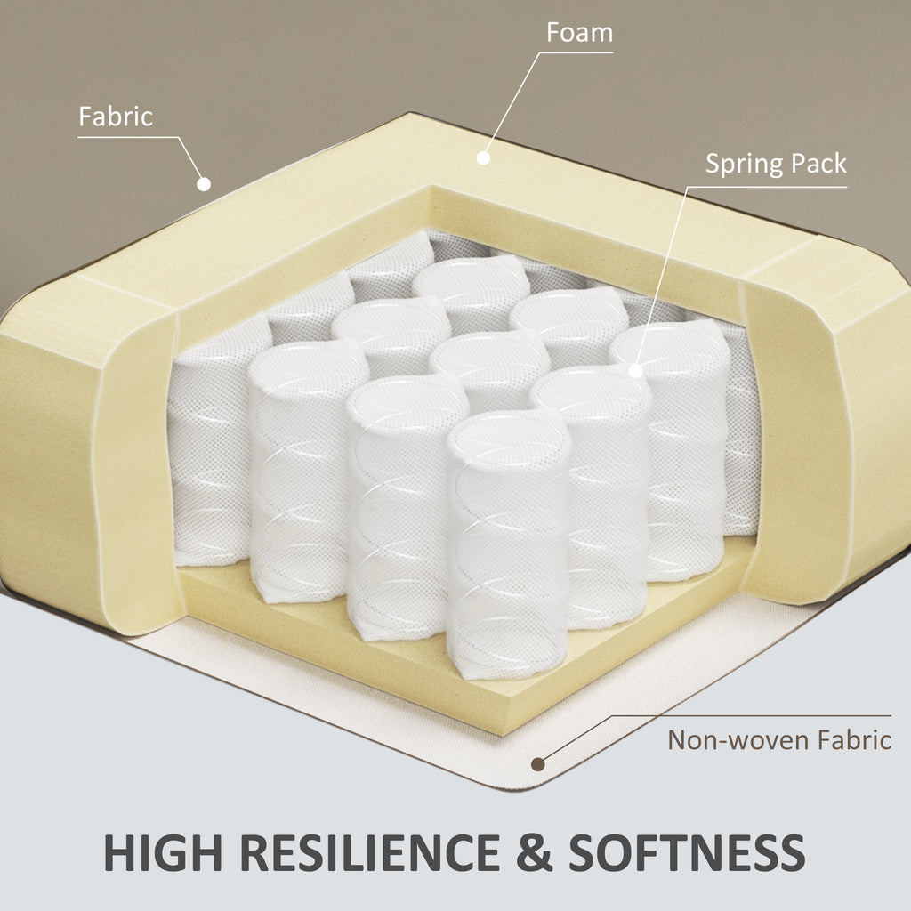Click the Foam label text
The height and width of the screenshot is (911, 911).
(579, 33)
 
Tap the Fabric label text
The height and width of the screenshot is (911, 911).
(116, 117)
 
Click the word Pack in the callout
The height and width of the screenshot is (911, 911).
(818, 164)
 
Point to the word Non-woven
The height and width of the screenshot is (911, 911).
(738, 740)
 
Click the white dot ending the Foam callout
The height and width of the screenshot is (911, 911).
(483, 157)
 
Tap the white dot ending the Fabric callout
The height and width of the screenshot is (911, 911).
(204, 184)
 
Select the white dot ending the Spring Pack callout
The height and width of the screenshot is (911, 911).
(635, 370)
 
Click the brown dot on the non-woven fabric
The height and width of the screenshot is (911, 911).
(538, 764)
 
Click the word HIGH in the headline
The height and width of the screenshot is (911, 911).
(163, 852)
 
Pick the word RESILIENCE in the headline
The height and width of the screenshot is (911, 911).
(369, 852)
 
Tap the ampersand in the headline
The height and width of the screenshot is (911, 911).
(534, 852)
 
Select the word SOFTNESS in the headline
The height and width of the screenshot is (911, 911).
(687, 852)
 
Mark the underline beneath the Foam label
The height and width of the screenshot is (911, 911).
(576, 52)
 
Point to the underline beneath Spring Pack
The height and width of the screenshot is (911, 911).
(766, 187)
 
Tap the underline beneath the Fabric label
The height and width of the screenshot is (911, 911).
(128, 137)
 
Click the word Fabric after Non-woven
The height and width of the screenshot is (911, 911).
(854, 740)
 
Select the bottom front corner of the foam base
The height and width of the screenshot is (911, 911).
(501, 736)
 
